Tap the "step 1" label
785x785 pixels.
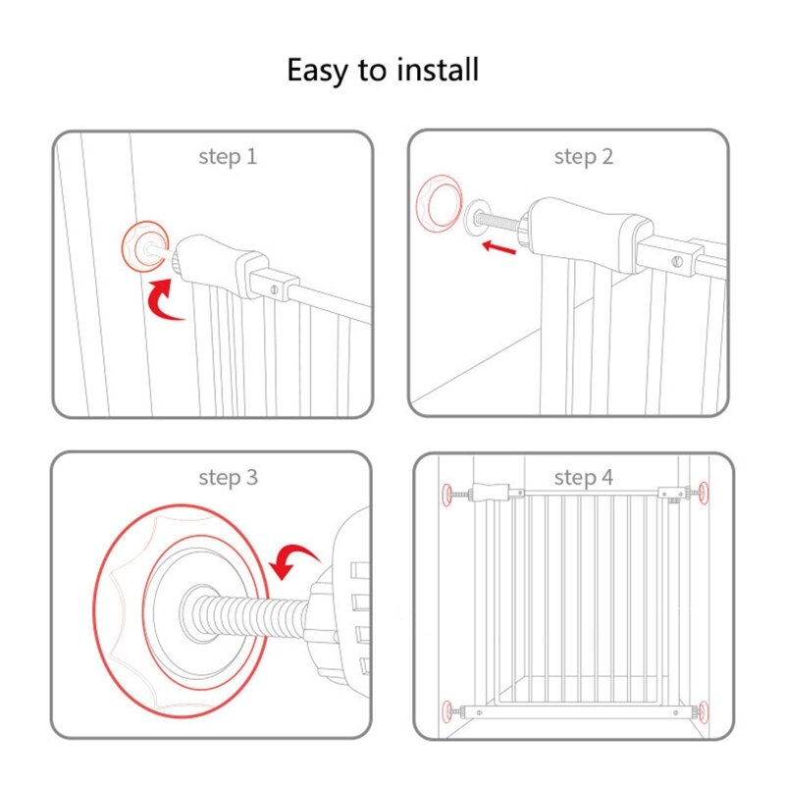coord(228,156)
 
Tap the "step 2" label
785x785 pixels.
coord(583,156)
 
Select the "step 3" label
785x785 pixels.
coord(228,478)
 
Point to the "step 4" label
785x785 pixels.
coord(583,478)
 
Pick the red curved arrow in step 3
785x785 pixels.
coord(294,560)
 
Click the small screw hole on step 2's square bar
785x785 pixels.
coord(677,263)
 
